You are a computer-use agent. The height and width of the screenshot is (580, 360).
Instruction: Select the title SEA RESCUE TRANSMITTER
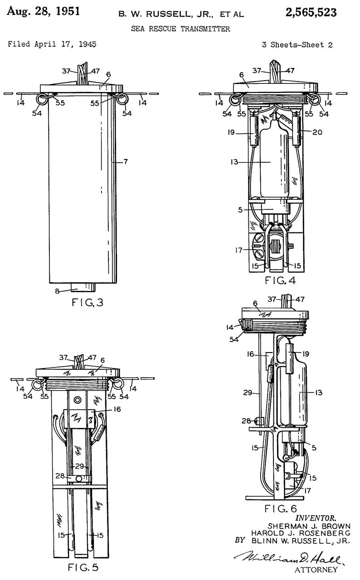180,29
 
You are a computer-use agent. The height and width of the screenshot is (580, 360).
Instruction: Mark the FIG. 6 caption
281,508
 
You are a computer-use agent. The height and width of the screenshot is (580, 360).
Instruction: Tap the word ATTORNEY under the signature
316,570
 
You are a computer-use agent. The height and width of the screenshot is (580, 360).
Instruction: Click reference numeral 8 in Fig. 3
57,291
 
